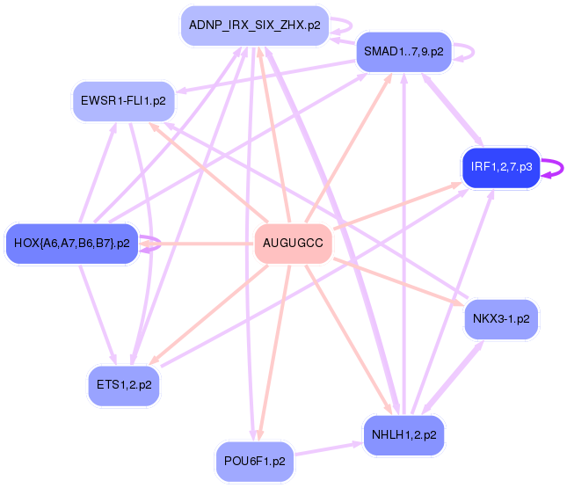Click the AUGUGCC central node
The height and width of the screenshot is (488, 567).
pos(293,243)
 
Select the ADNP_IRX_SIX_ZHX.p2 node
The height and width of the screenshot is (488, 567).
pos(254,25)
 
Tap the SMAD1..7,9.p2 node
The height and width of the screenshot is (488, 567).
pos(403,52)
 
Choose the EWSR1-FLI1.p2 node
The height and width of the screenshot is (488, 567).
pos(123,101)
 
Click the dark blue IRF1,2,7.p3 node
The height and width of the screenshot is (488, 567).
pos(499,166)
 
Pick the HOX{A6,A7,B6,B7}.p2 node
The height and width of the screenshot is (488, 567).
pos(72,243)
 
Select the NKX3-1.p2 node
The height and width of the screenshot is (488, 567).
pos(500,318)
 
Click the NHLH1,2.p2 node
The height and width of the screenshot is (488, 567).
pos(403,434)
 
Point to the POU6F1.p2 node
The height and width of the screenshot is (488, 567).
pos(254,461)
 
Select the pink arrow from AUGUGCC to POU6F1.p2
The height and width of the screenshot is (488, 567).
pos(273,352)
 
